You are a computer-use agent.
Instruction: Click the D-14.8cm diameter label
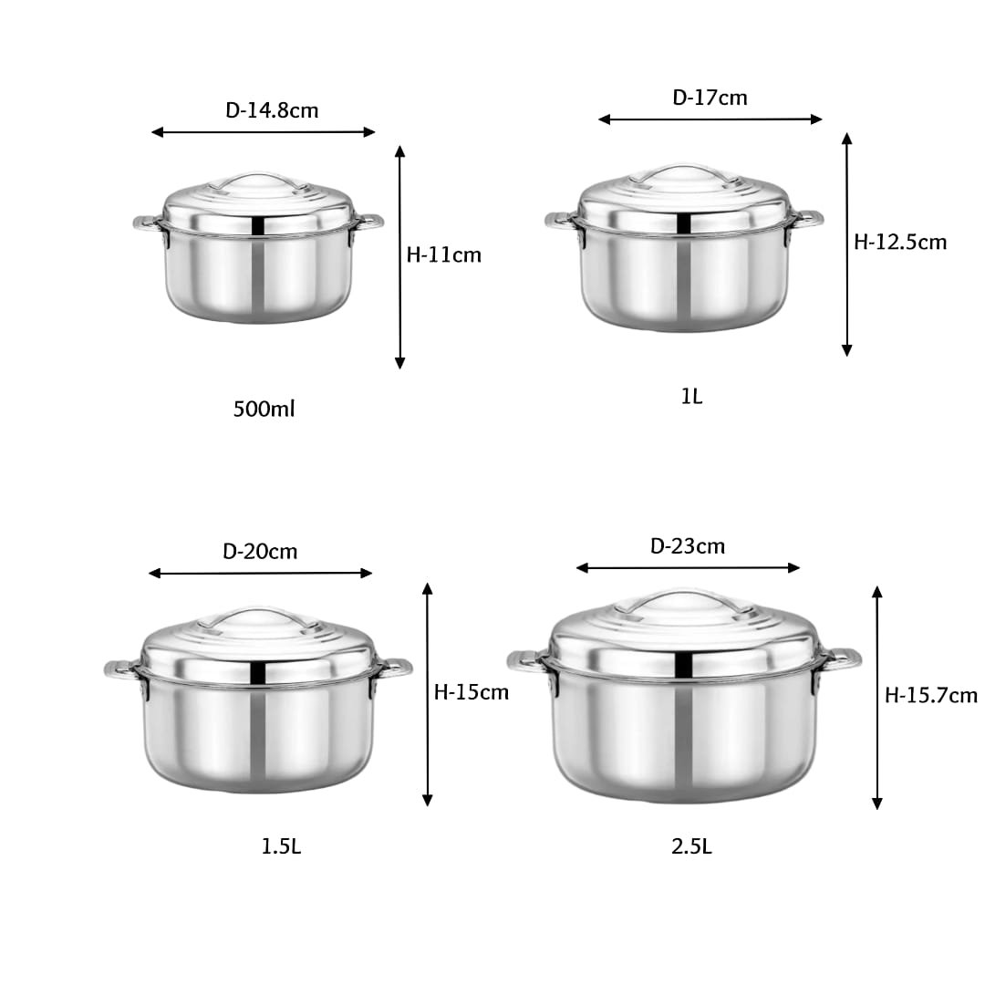pos(272,110)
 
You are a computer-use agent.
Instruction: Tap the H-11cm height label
pos(444,255)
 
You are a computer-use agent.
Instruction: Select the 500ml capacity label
pos(264,409)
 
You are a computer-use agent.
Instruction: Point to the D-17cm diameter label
pos(710,98)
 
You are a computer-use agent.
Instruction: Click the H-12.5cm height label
pos(900,243)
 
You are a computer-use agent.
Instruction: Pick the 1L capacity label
pos(691,397)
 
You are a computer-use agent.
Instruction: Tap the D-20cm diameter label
pos(260,552)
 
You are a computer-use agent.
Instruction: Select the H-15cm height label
pos(472,692)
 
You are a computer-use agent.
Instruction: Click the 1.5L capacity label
pos(281,846)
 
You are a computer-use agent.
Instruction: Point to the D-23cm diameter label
pos(688,546)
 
